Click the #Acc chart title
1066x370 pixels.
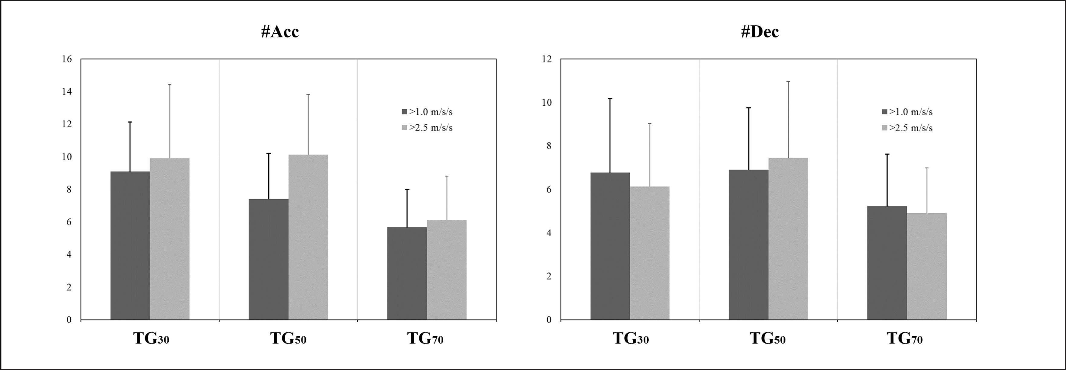click(x=280, y=31)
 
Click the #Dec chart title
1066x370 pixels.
click(x=760, y=31)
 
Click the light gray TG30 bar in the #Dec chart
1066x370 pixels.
click(x=649, y=253)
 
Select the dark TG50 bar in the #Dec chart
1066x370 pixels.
click(x=748, y=244)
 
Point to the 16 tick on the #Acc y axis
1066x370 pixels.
click(x=66, y=59)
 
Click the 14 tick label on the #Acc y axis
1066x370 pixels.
click(x=66, y=92)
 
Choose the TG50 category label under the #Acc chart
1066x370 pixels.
click(x=288, y=339)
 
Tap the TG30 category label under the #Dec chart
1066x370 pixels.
click(x=631, y=339)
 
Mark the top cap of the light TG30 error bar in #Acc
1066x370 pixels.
click(x=170, y=84)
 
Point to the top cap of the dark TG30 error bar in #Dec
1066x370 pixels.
click(x=610, y=98)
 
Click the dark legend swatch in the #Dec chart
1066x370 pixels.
click(x=885, y=112)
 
